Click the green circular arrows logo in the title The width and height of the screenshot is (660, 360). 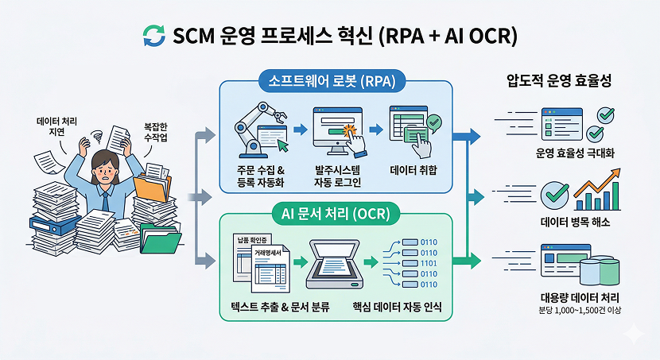click(x=153, y=35)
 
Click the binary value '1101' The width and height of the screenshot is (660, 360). click(x=428, y=263)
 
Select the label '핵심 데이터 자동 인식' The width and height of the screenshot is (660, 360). click(x=396, y=307)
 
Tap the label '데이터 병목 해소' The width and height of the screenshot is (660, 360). click(x=572, y=223)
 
